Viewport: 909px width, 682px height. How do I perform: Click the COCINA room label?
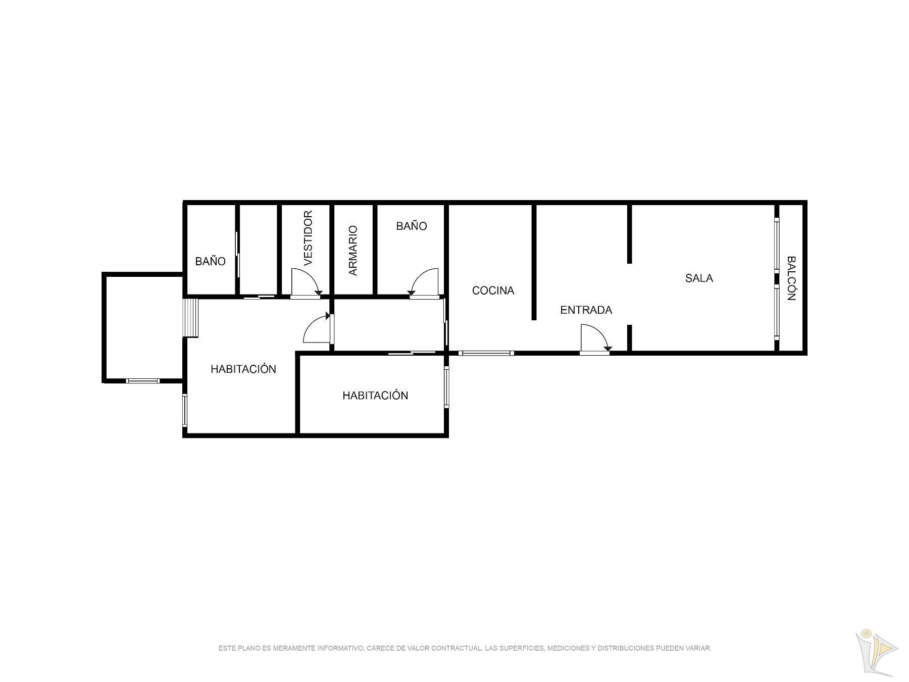click(493, 290)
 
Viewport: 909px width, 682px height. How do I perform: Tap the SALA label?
click(699, 278)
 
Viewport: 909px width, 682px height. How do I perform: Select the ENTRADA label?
click(586, 310)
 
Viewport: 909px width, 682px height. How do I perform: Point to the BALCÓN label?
click(791, 278)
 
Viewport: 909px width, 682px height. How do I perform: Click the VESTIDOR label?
click(309, 238)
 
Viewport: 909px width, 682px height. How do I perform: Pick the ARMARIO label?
click(352, 251)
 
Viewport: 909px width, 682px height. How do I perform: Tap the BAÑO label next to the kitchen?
click(411, 226)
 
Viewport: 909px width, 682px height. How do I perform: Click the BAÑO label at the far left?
click(210, 261)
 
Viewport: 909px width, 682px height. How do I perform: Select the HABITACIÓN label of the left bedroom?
click(243, 369)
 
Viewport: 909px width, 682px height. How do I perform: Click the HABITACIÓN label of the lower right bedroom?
click(375, 395)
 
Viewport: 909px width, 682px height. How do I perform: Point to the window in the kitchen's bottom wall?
click(486, 353)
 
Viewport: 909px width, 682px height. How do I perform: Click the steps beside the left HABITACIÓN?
click(191, 318)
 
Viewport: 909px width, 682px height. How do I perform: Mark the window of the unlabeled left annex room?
click(142, 381)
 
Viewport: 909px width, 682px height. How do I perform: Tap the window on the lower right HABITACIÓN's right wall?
click(446, 386)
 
